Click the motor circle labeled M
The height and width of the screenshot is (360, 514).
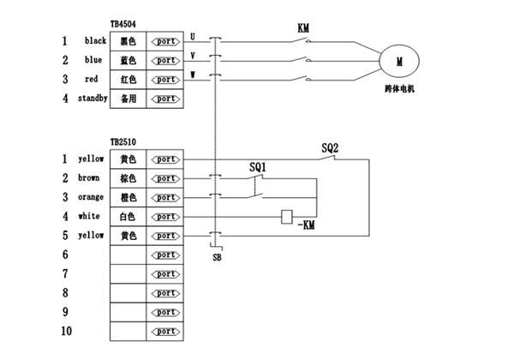pos(399,60)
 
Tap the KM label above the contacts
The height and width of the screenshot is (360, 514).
pos(303,28)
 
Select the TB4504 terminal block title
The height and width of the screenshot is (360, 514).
pos(125,27)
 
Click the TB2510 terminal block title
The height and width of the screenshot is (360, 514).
pos(123,144)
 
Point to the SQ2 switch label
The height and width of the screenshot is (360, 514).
pos(330,147)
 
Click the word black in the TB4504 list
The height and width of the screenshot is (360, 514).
pos(94,40)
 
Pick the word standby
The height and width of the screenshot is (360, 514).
pos(93,99)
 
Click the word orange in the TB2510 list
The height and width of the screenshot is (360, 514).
pos(90,197)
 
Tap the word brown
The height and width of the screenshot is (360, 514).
pos(88,178)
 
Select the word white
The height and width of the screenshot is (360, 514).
pos(88,216)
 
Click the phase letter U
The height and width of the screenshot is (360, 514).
pos(193,37)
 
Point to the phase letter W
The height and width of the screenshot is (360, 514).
pos(193,75)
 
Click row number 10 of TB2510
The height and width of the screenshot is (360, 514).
pos(65,331)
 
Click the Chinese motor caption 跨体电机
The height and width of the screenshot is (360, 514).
pos(399,90)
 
